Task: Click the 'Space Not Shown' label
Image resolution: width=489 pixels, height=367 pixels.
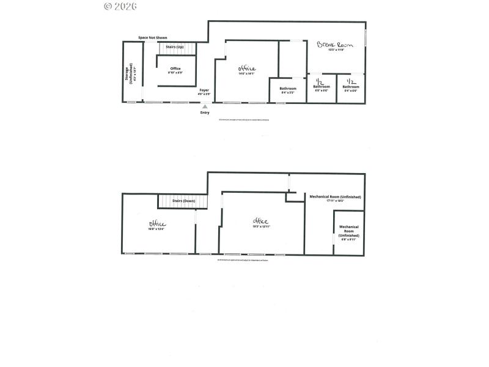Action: [x=152, y=38]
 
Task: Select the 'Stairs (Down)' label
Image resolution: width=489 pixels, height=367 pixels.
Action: [x=183, y=200]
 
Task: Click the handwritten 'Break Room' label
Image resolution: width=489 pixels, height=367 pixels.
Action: [x=331, y=45]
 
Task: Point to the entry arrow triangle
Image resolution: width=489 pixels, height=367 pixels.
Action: [x=205, y=106]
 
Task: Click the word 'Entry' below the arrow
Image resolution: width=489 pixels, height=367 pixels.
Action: [x=205, y=113]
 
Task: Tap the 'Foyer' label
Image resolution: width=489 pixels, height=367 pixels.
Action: [x=204, y=90]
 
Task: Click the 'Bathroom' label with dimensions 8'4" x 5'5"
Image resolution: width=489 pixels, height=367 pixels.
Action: [x=288, y=89]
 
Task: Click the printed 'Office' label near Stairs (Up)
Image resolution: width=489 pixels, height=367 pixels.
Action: [x=175, y=68]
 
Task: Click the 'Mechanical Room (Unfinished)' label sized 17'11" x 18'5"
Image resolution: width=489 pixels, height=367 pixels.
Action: [x=335, y=197]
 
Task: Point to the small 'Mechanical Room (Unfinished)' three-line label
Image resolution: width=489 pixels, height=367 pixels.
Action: [x=349, y=231]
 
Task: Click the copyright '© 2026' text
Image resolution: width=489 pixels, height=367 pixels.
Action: [x=120, y=6]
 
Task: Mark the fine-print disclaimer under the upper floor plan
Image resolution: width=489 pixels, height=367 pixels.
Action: [x=243, y=120]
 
